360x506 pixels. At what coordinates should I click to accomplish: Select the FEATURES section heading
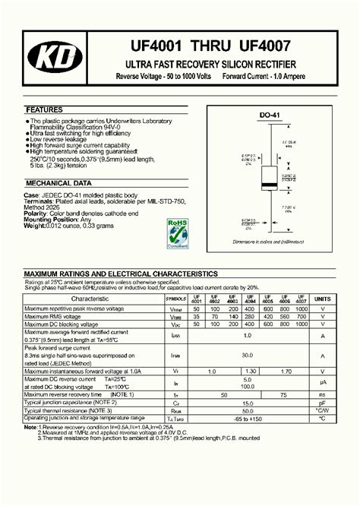(x=45, y=110)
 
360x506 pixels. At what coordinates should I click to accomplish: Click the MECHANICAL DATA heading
(x=58, y=183)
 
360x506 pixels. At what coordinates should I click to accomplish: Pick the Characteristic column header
(x=90, y=299)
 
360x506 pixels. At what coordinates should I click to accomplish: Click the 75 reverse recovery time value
(x=284, y=395)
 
